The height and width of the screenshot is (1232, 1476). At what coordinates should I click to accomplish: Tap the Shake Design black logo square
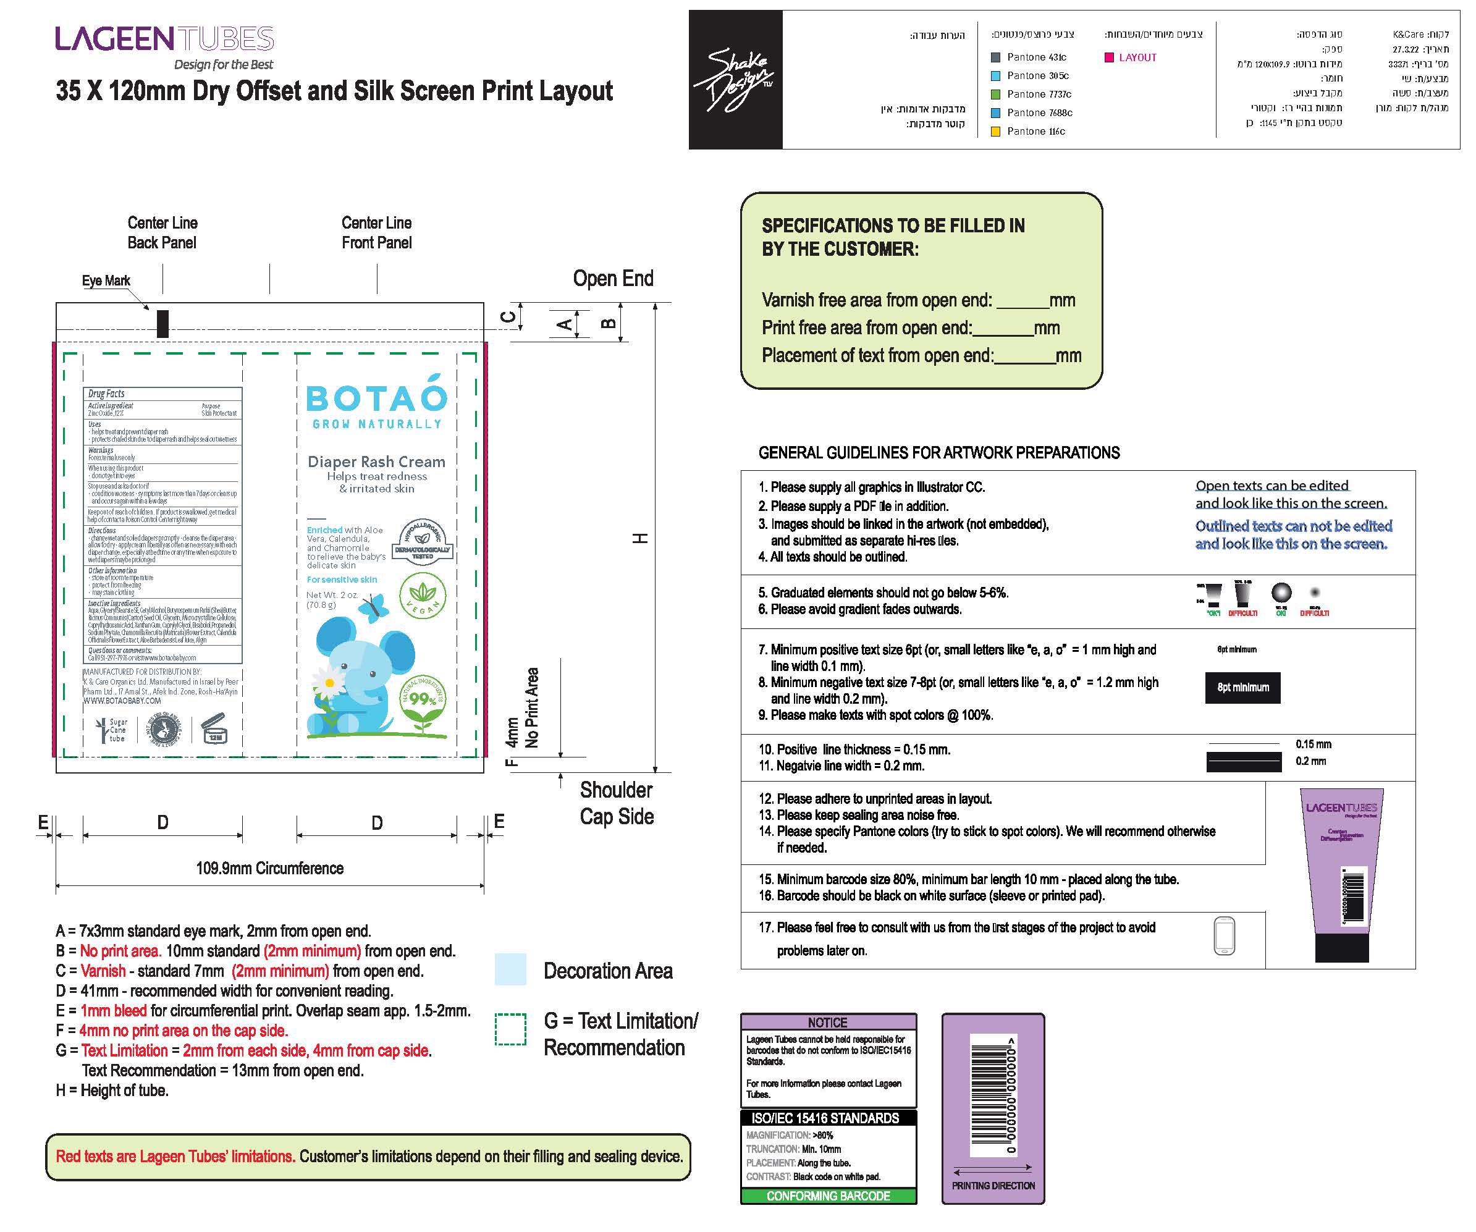click(735, 80)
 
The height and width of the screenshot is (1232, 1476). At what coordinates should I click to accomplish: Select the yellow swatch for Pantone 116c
click(995, 132)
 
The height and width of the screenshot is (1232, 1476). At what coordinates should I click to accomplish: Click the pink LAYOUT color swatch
click(1109, 57)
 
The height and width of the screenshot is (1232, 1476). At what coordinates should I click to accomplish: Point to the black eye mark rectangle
click(162, 323)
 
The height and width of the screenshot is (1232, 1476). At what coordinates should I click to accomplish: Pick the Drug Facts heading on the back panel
click(107, 394)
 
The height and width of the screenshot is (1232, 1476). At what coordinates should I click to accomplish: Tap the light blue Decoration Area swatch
click(510, 969)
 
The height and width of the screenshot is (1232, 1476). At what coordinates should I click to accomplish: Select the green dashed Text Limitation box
click(510, 1029)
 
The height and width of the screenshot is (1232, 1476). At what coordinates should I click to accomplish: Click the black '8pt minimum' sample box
click(1242, 687)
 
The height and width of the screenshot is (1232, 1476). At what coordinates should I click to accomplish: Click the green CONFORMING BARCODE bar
click(828, 1196)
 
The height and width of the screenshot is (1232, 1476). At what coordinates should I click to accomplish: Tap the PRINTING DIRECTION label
click(992, 1186)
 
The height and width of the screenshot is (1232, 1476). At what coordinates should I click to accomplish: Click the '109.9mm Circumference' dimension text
click(270, 868)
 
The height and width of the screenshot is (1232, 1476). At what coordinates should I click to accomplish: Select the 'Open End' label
click(613, 278)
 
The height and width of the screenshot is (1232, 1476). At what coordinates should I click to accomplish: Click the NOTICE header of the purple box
click(828, 1023)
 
